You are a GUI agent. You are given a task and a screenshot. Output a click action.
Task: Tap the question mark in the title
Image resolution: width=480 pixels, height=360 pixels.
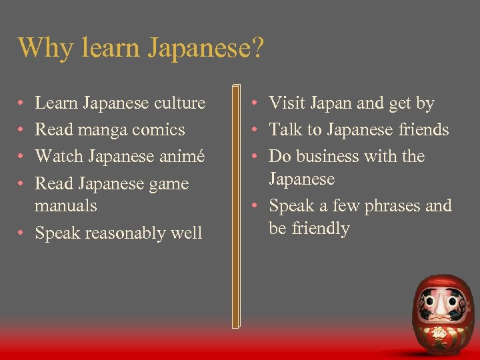259,47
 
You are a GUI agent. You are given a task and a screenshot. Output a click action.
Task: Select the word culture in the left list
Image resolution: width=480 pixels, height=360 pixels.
180,103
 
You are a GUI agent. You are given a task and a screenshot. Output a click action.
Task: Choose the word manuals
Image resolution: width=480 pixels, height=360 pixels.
65,206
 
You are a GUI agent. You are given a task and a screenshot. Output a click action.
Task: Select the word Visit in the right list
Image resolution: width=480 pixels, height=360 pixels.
285,103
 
